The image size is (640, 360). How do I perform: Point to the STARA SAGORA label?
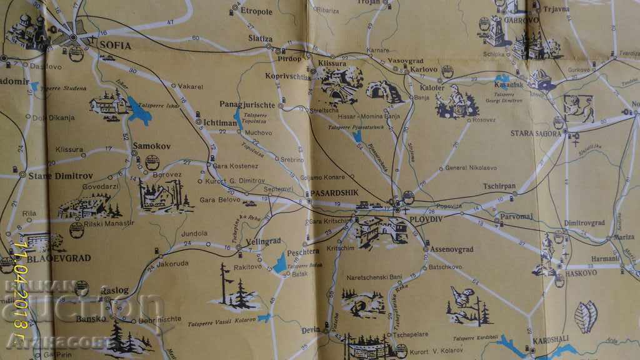click(x=534, y=134)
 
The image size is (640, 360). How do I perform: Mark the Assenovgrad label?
click(x=451, y=249)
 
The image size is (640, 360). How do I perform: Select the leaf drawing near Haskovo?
click(x=586, y=316)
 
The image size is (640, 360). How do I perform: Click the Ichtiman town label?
click(x=220, y=123)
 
